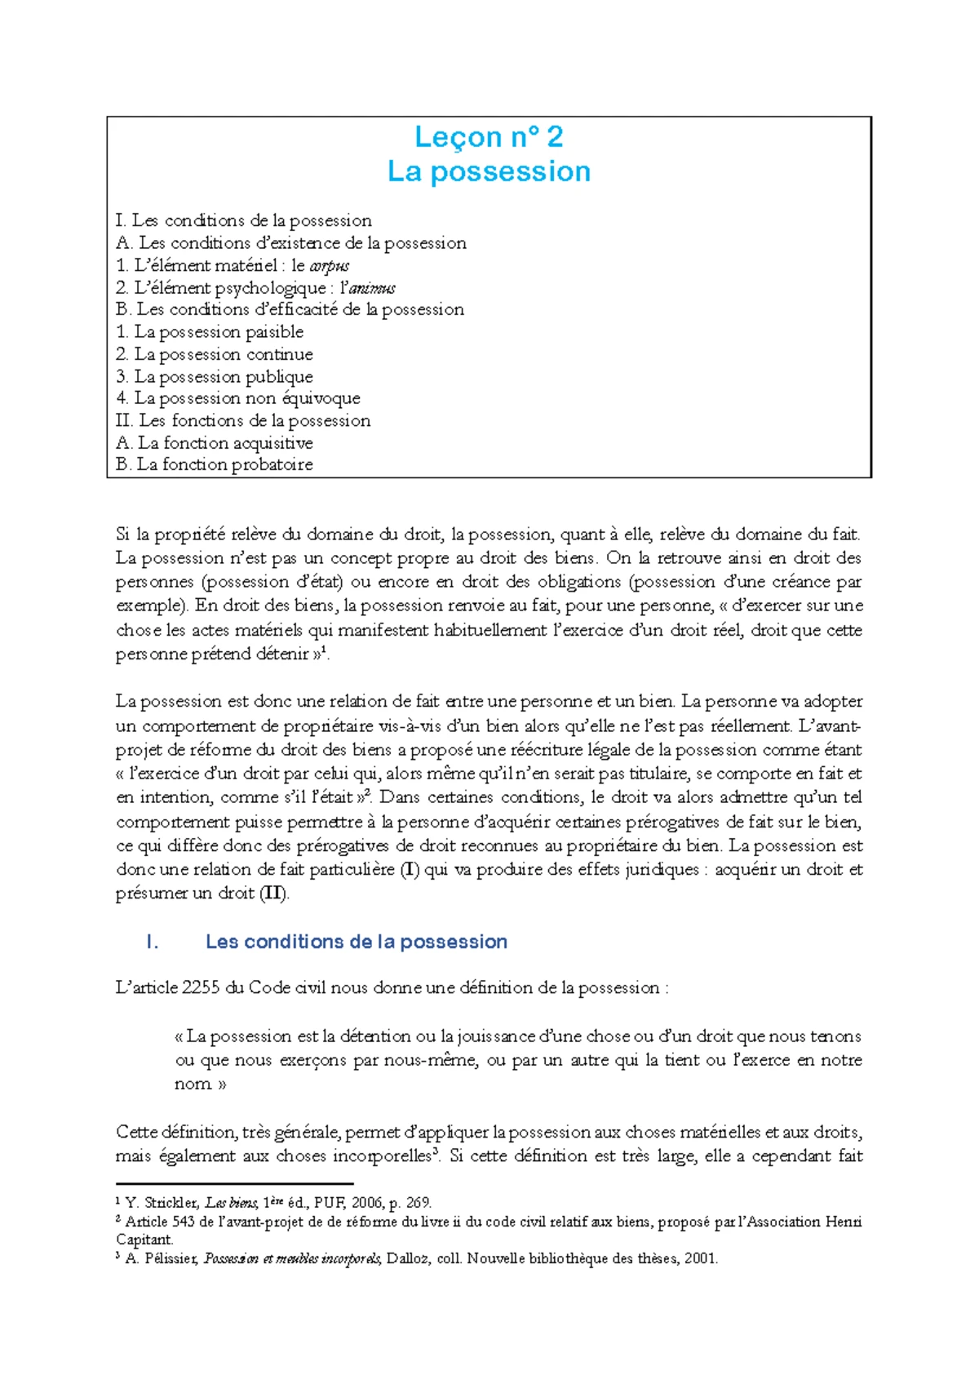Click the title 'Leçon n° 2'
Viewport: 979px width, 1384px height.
[489, 136]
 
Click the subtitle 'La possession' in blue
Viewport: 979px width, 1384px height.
[489, 171]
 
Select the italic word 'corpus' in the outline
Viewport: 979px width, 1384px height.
[330, 266]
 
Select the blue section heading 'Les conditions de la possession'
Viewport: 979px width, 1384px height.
[357, 942]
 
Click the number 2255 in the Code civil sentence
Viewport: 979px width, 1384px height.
[201, 988]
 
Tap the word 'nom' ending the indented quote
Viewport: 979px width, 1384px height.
[193, 1084]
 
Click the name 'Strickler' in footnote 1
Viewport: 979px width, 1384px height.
[171, 1202]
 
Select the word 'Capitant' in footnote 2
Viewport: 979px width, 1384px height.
[144, 1240]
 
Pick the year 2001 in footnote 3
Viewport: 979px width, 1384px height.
[701, 1258]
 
